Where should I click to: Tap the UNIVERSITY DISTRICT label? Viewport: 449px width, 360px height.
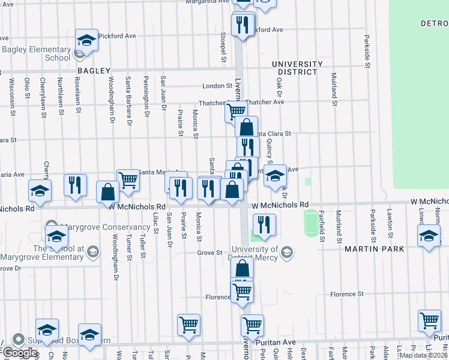pos(297,68)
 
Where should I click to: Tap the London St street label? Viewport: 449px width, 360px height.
pos(217,86)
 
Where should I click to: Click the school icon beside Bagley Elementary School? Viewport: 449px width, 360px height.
pos(86,41)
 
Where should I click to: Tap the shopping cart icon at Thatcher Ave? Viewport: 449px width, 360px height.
pos(236,110)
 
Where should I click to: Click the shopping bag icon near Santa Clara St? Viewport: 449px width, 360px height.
pos(246,127)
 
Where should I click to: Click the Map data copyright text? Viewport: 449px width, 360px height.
pos(423,355)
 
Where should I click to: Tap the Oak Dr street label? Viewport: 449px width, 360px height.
pos(279,85)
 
